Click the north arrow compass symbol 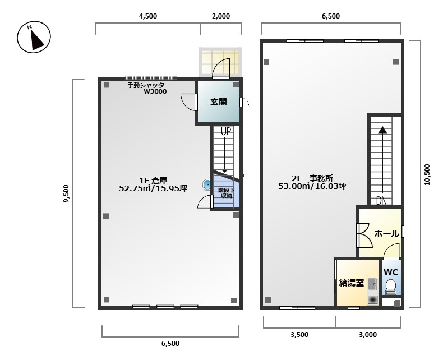(34, 37)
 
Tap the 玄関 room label (219, 101)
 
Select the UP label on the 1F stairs (226, 131)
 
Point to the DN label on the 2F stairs (381, 200)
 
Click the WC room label (391, 273)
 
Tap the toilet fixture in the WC (391, 286)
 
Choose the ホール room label (386, 234)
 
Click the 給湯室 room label (351, 283)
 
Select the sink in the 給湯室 (372, 284)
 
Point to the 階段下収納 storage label (227, 193)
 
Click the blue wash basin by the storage (206, 185)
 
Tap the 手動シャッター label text (149, 85)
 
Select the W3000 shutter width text (155, 91)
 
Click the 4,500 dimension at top (148, 16)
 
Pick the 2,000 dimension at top (220, 16)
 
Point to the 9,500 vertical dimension (66, 193)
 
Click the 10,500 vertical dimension (427, 174)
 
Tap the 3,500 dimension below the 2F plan (299, 335)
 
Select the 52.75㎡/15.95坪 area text (153, 188)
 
